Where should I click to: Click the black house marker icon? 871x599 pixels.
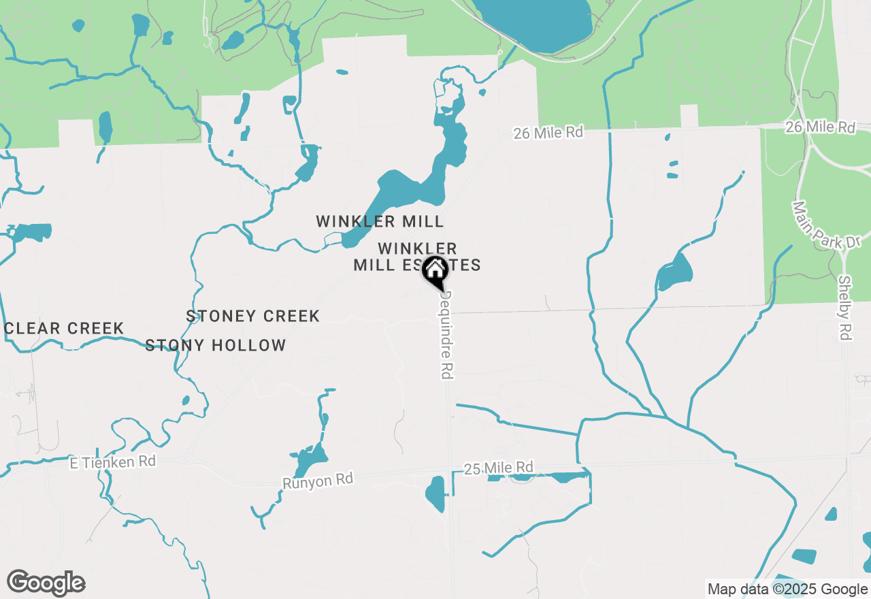tap(435, 271)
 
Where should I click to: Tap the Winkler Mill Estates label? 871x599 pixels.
tap(416, 257)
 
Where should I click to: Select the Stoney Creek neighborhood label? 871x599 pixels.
tap(252, 316)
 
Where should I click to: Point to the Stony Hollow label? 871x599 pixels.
tap(216, 345)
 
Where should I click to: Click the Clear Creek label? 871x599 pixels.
tap(64, 328)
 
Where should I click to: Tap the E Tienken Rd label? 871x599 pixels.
tap(113, 462)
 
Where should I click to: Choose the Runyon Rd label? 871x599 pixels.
tap(318, 480)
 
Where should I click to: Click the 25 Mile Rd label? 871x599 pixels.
tap(498, 468)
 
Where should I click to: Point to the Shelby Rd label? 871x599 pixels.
tap(844, 308)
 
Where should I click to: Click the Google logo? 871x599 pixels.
tap(46, 583)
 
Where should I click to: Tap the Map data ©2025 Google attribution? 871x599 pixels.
tap(787, 589)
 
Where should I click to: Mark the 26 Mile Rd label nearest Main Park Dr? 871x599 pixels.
tap(819, 127)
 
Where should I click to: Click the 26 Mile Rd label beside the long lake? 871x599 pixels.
tap(548, 132)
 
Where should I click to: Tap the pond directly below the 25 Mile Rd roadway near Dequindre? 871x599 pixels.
tap(435, 493)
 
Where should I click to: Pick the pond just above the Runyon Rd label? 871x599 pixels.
tap(310, 457)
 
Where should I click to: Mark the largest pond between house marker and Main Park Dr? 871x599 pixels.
tap(674, 272)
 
